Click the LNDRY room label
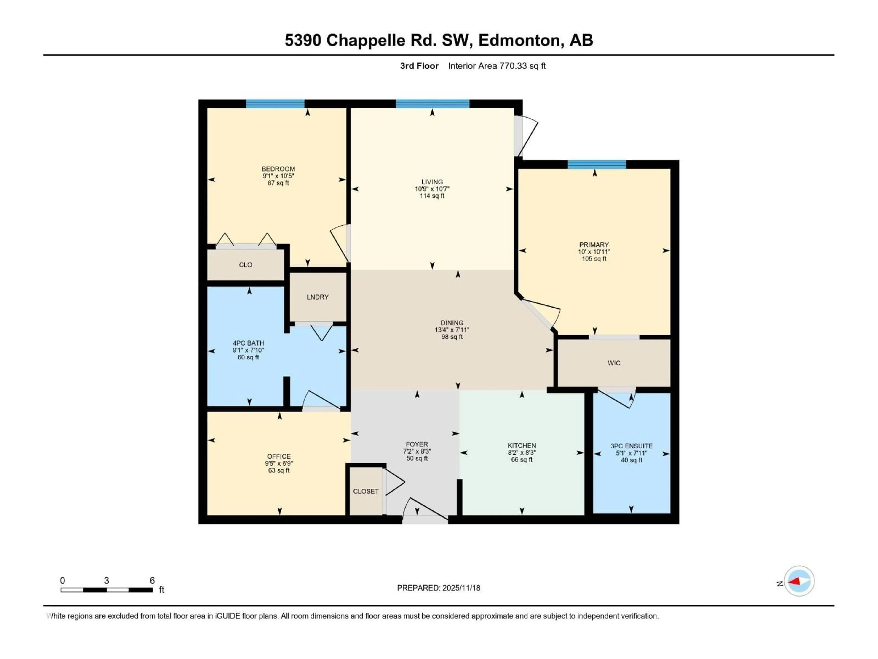(x=318, y=297)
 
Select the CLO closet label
(x=245, y=265)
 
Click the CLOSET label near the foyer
(x=366, y=491)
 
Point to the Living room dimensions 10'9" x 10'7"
(x=432, y=189)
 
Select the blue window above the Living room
(x=432, y=104)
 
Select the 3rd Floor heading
(x=419, y=66)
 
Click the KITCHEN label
(x=522, y=446)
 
